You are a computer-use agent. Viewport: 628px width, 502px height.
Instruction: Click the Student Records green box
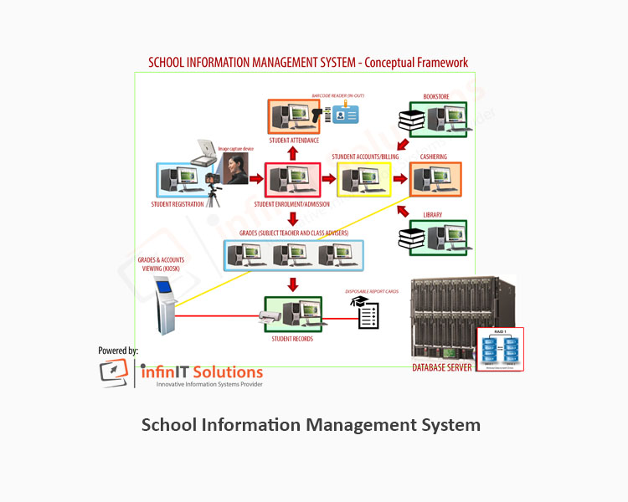pos(293,315)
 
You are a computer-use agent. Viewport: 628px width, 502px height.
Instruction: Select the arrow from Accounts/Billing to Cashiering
pos(400,178)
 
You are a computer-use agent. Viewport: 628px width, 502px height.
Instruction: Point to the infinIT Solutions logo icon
pos(114,372)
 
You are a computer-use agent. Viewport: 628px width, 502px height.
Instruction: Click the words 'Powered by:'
pos(118,351)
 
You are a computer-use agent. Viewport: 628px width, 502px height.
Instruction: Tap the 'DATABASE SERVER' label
pos(441,367)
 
